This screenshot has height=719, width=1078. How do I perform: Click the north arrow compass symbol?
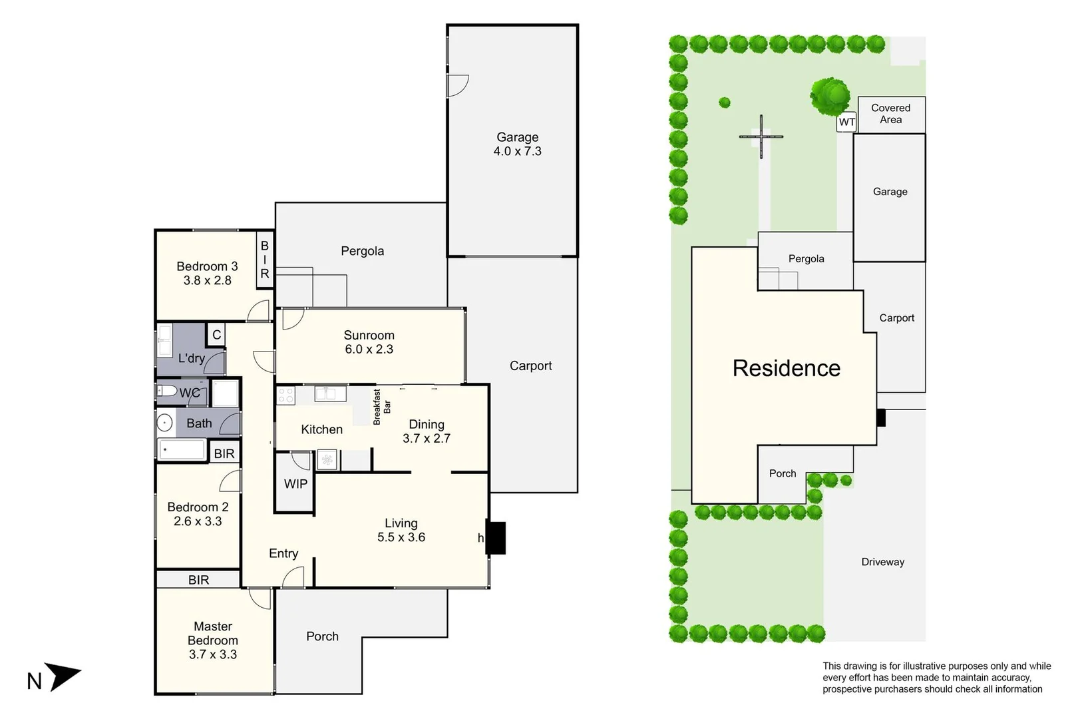63,676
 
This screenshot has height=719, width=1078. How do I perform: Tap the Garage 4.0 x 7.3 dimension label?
517,144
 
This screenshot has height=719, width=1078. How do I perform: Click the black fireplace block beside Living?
496,538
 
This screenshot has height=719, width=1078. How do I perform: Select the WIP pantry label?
295,484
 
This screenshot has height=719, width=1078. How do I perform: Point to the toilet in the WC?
167,391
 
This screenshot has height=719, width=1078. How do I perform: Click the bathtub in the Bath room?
182,450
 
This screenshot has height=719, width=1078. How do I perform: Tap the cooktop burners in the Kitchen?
285,395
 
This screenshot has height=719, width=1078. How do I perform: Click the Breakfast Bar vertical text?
381,407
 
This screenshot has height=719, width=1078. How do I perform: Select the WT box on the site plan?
846,122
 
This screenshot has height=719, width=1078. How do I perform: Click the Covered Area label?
890,114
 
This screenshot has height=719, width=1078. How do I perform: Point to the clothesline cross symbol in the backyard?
761,136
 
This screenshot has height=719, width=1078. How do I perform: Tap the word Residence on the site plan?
786,368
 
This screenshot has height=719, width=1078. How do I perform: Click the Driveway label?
882,562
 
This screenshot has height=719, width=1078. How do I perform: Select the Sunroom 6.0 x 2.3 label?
369,342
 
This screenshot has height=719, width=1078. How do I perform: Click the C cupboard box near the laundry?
216,335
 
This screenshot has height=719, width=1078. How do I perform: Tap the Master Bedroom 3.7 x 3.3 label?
212,640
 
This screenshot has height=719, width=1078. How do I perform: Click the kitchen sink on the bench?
330,393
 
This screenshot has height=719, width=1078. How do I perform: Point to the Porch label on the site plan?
782,473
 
